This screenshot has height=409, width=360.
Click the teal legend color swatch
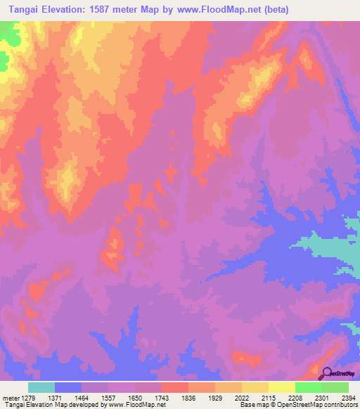pos(41,387)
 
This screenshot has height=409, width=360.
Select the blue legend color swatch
pos(67,387)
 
